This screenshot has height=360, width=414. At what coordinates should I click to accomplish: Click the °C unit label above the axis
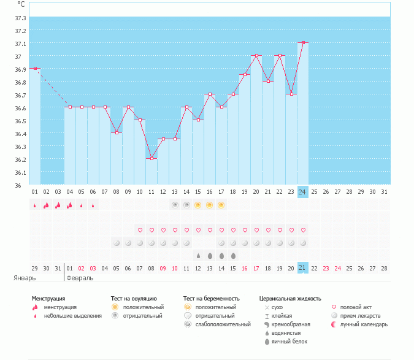[x=21, y=4]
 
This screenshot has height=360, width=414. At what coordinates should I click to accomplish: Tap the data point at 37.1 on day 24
[x=303, y=43]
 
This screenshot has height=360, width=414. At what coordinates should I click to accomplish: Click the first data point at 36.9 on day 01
[x=35, y=69]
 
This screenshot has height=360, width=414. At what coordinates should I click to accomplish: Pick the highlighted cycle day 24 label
[x=303, y=192]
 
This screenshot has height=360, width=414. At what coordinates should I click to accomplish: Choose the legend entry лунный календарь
[x=364, y=324]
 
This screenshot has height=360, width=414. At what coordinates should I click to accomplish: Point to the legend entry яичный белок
[x=289, y=341]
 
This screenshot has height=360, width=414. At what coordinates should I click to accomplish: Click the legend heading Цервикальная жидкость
[x=290, y=299]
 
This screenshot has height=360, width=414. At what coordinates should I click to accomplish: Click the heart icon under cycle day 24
[x=303, y=230]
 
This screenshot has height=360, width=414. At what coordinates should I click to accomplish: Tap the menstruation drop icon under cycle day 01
[x=35, y=205]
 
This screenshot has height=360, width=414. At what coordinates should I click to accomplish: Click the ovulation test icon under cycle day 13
[x=175, y=205]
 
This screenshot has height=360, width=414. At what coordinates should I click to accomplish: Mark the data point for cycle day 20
[x=256, y=56]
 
